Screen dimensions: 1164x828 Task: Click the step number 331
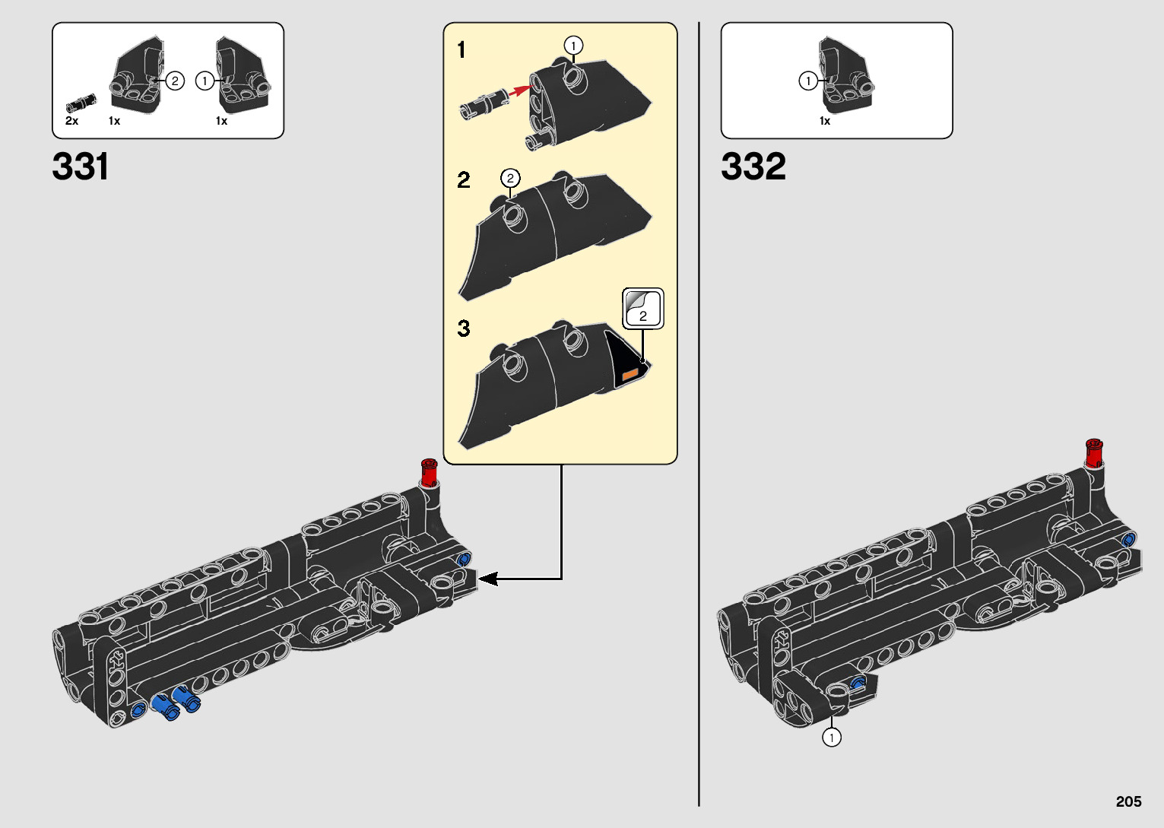point(81,167)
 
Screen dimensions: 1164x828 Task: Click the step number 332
point(753,167)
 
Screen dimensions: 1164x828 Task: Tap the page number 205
point(1129,801)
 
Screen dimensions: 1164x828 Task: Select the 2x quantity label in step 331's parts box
point(71,121)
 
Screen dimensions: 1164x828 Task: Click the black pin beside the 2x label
point(81,103)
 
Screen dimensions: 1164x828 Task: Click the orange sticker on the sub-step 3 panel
point(630,374)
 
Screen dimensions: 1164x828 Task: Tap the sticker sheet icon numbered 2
point(642,308)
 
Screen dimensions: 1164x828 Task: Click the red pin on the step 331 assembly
point(430,472)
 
